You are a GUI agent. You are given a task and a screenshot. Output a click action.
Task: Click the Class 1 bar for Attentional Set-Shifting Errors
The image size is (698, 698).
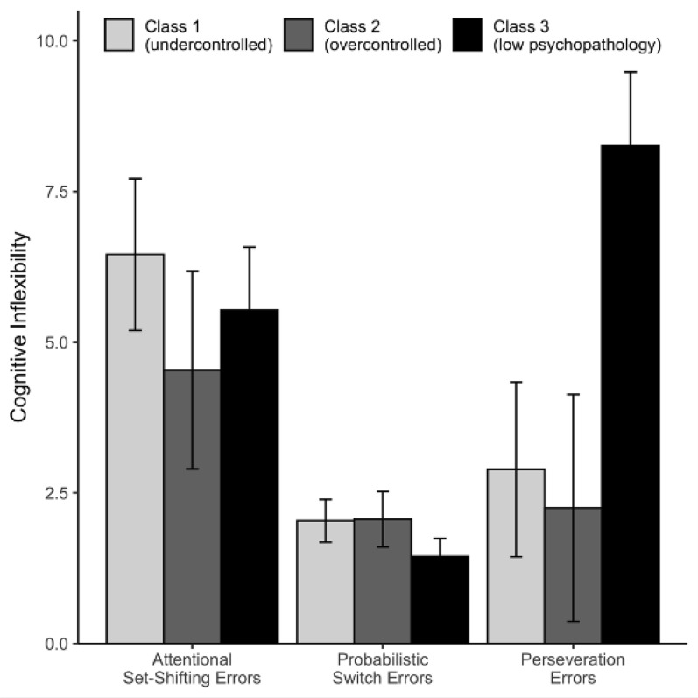point(135,448)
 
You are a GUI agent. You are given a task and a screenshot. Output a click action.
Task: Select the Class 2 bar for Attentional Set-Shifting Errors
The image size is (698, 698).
point(193,506)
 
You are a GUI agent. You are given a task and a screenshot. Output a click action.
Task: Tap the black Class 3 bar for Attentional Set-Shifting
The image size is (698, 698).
point(250,476)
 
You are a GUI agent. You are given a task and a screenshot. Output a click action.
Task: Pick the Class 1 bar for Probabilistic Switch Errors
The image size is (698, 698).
point(326,582)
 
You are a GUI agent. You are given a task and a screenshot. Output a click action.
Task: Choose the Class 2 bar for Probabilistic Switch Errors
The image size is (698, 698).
point(383,582)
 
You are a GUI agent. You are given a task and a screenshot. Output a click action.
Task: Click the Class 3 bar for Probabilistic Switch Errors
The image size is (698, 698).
point(441,600)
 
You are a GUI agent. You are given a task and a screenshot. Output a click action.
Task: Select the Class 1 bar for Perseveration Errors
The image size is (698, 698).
point(516,556)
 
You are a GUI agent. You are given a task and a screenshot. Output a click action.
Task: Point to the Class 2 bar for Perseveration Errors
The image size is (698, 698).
point(573,575)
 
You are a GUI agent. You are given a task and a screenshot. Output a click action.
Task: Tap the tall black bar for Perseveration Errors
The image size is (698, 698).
point(631,394)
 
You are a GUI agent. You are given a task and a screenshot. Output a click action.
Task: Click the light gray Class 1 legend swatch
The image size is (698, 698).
point(119,35)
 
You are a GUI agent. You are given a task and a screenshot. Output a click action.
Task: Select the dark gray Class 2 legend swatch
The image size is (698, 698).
point(299,35)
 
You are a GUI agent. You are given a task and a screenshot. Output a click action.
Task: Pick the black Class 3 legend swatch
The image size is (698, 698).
point(468,35)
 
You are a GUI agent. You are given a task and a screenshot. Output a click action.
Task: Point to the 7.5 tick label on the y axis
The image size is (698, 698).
point(55,192)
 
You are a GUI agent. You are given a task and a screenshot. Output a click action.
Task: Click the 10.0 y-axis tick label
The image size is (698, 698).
point(51,41)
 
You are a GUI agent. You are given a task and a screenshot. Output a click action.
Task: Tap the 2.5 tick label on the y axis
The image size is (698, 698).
point(55,493)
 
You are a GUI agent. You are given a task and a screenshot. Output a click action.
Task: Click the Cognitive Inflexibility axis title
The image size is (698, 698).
point(19,328)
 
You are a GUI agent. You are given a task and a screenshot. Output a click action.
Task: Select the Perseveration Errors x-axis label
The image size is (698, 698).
point(573,668)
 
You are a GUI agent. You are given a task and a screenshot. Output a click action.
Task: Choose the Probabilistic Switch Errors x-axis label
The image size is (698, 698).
point(383,668)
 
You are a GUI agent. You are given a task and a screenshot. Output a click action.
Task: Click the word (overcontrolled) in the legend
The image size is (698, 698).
point(383,45)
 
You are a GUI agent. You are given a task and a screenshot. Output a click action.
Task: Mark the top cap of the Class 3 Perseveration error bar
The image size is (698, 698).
point(631,72)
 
